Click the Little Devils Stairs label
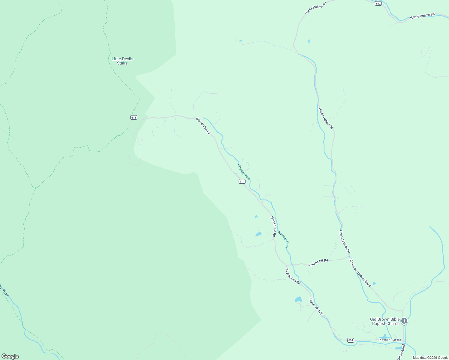pos(122,61)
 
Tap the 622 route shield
pos(378,3)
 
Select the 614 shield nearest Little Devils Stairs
pos(134,118)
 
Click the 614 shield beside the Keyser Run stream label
pos(242,181)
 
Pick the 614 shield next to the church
pos(351,340)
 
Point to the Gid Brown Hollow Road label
pos(360,273)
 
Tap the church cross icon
pos(404,321)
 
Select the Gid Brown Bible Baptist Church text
pos(385,321)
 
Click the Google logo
pos(10,356)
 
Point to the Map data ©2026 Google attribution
pos(430,358)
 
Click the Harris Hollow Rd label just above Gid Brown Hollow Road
pos(345,241)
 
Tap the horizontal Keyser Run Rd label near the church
pos(390,340)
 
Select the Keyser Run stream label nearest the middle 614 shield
pos(244,172)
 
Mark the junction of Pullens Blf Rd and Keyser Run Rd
pos(286,265)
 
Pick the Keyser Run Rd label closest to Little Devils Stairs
pos(203,125)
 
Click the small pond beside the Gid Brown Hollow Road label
pos(374,283)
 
